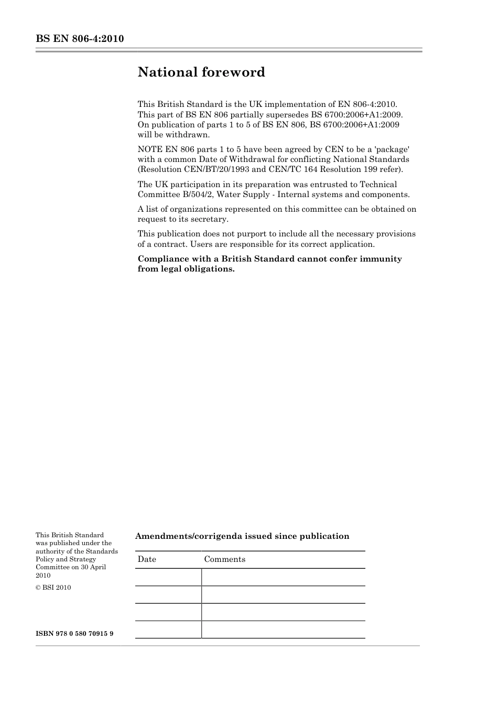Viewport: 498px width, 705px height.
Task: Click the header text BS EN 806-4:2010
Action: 80,39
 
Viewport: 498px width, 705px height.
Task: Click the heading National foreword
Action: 201,72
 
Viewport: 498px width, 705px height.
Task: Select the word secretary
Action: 210,220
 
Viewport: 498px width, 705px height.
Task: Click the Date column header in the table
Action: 147,559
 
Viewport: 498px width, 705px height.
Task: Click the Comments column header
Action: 224,559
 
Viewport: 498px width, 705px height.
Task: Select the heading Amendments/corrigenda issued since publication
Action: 242,536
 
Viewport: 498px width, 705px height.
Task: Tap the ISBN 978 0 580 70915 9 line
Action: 74,634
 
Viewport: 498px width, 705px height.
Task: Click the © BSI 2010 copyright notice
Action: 53,588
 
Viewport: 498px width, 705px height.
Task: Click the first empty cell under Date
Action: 168,577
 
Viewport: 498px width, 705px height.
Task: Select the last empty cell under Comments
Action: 283,630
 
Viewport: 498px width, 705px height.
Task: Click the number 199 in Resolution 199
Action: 370,169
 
